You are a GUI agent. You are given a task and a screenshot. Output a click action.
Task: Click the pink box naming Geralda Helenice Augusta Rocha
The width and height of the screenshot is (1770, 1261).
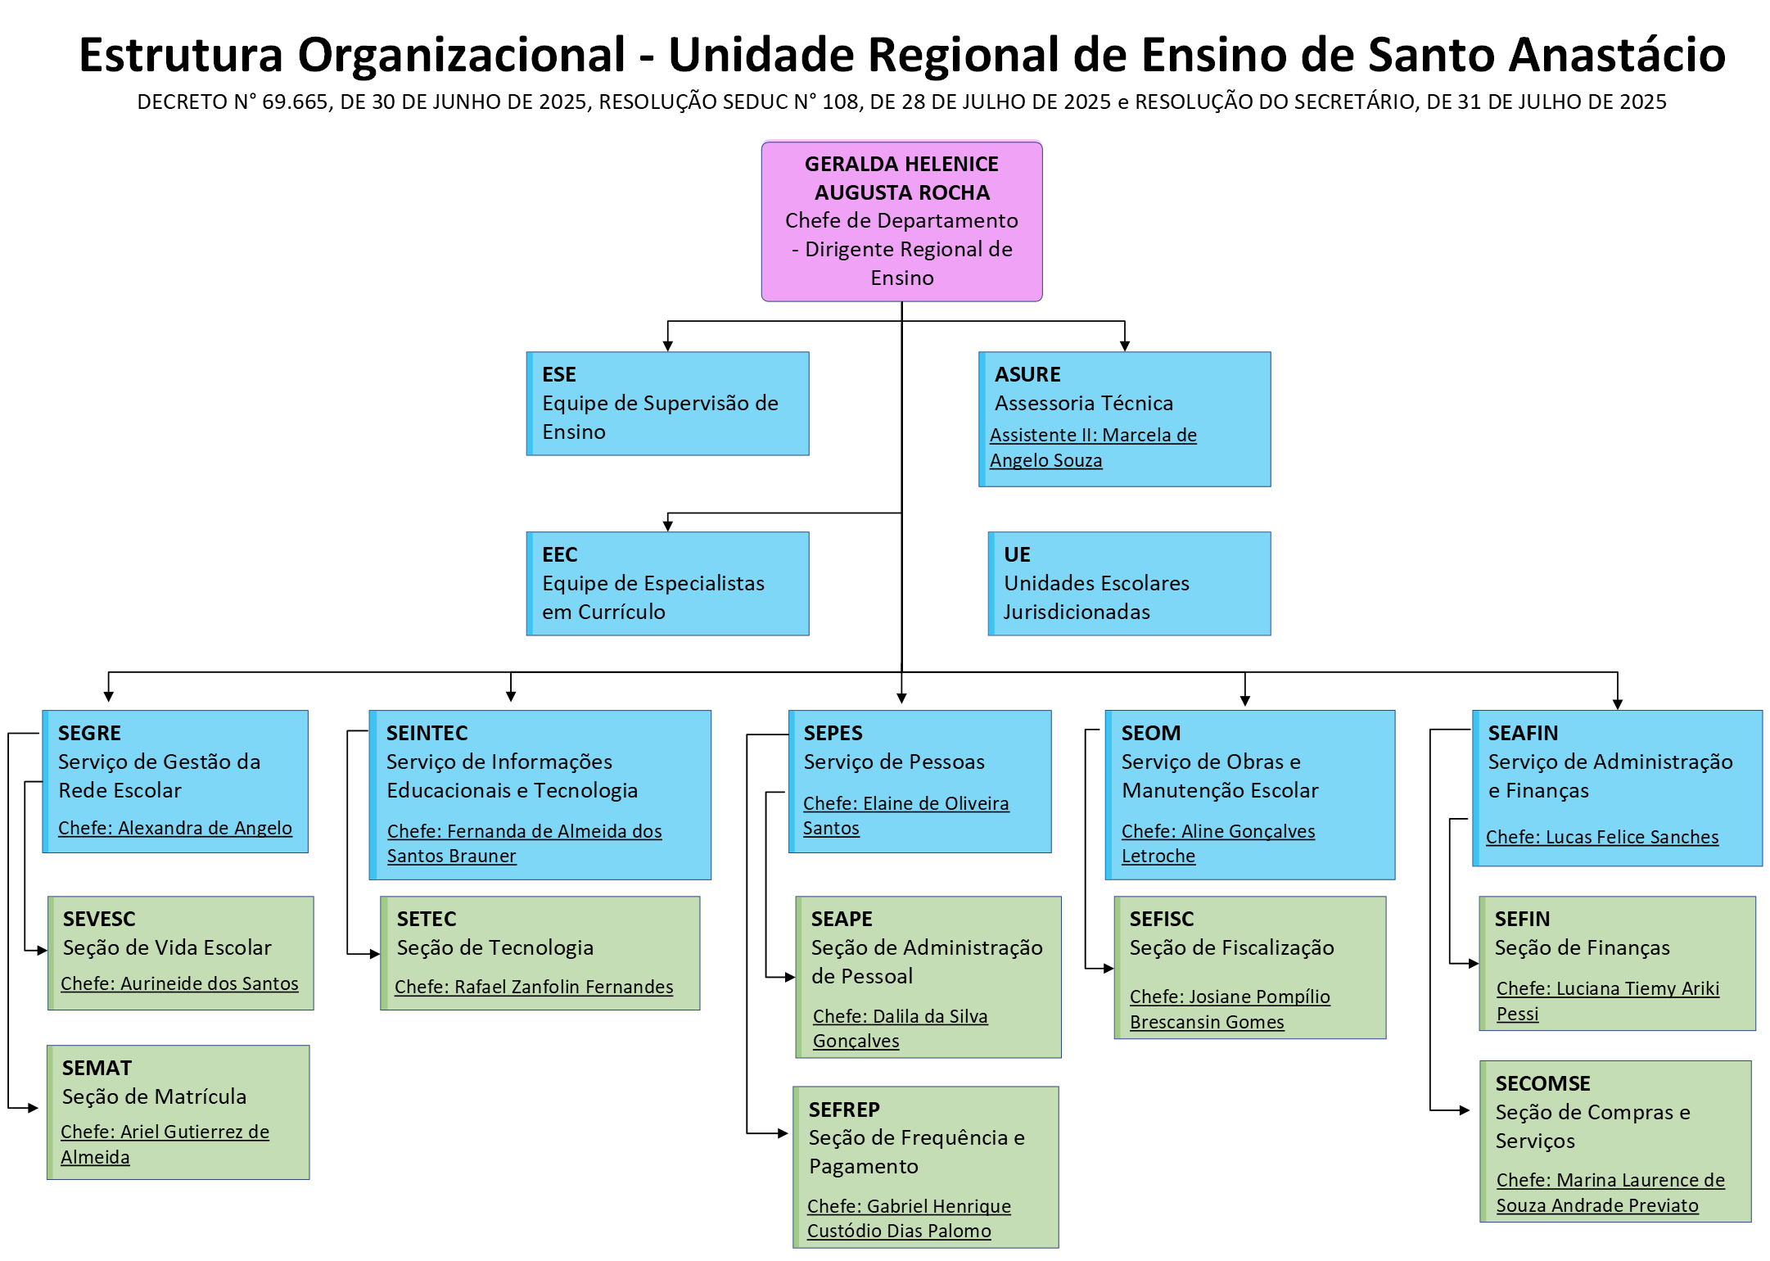(901, 221)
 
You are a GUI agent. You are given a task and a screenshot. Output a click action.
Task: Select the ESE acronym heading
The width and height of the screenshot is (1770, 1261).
(559, 374)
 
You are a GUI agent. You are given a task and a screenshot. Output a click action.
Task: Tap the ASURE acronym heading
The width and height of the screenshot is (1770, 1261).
(1027, 374)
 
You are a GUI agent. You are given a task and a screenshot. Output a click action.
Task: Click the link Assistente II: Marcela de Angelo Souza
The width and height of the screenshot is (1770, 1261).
(1093, 448)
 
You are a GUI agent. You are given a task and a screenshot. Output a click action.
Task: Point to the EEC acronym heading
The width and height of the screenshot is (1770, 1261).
(560, 554)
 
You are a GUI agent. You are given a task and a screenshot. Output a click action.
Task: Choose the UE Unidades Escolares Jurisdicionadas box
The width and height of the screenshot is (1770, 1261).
(1129, 583)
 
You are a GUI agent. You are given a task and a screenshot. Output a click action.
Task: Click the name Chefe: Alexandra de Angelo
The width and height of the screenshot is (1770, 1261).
(175, 828)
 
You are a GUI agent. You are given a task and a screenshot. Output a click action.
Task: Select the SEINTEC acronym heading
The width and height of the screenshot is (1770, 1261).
(427, 733)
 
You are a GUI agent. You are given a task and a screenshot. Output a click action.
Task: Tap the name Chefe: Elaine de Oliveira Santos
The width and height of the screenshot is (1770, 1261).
(905, 816)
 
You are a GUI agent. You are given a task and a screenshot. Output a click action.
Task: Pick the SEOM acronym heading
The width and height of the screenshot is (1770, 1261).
(1151, 733)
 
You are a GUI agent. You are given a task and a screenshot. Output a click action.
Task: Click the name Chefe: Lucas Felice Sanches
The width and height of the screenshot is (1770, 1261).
(1602, 837)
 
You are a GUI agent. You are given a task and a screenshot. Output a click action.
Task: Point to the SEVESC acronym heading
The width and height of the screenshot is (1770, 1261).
(99, 919)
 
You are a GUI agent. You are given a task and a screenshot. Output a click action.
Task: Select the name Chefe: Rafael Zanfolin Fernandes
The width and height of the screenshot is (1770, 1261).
(534, 987)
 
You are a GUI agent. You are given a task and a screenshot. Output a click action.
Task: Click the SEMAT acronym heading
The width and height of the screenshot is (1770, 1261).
(97, 1068)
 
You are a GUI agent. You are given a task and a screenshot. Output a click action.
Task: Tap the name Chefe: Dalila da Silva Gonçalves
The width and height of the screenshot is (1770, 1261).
(900, 1028)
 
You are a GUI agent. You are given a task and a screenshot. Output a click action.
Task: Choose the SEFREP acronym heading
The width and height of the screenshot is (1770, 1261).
(844, 1110)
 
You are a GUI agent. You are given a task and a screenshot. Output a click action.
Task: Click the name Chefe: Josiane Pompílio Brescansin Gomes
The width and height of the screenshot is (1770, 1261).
(1230, 1009)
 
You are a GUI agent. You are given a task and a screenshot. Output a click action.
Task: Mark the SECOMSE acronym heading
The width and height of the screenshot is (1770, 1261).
(1542, 1083)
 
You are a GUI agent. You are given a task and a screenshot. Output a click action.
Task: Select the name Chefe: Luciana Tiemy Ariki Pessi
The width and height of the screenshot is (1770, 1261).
(1608, 1001)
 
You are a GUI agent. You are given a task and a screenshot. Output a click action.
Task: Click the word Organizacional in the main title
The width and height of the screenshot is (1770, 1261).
(462, 55)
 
